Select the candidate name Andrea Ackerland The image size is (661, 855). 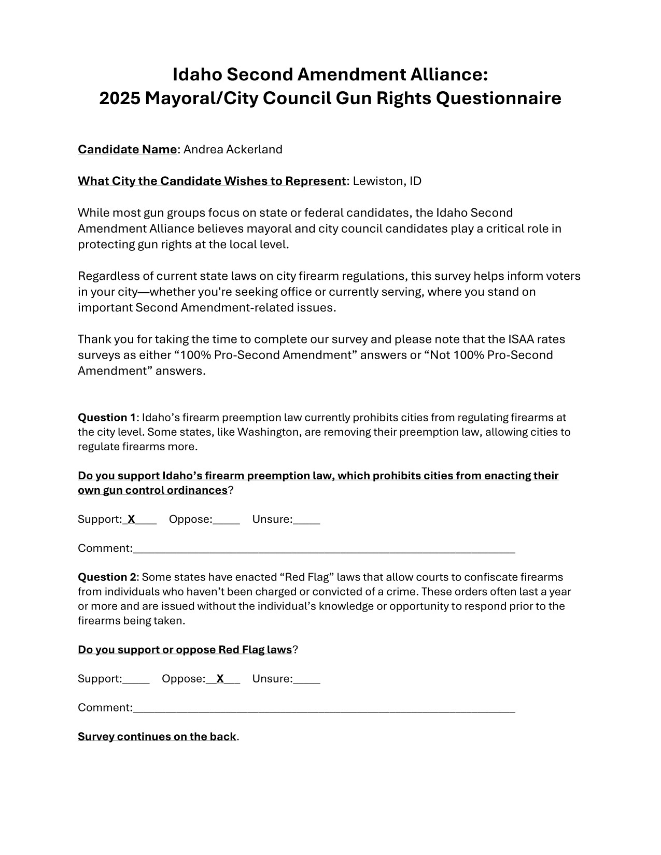pos(233,150)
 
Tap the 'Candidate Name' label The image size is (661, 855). pos(127,150)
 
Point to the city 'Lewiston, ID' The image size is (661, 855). pos(387,181)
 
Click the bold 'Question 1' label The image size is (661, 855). pos(107,418)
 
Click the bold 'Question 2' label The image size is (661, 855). pos(107,577)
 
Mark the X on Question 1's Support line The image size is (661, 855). pos(131,519)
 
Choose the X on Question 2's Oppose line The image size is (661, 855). pos(220,679)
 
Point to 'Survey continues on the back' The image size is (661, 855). pos(157,737)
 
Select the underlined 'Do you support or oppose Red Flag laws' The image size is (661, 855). pos(185,650)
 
